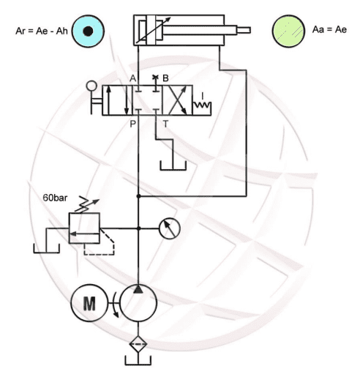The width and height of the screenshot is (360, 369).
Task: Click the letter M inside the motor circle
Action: point(89,303)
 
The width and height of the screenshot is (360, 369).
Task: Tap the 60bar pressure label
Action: point(55,198)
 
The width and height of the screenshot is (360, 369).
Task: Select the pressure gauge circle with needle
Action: point(170,228)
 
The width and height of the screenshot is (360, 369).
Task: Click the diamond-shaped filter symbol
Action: point(138,344)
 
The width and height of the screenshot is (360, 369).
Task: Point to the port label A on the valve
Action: point(132,78)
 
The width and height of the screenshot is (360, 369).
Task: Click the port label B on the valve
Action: point(165,78)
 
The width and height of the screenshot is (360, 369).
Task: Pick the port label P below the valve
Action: point(132,124)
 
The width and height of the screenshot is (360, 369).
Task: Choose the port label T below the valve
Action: point(165,124)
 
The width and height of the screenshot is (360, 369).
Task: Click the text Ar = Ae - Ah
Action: point(42,31)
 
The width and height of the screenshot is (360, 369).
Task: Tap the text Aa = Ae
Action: point(329,29)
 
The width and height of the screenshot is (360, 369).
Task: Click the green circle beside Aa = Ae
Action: point(288,31)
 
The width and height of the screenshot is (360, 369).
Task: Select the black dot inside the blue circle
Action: point(88,31)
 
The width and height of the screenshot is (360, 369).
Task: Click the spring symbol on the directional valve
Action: point(202,105)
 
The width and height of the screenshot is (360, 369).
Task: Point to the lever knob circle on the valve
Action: point(91,86)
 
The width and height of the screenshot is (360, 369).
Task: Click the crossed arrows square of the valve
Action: point(177,100)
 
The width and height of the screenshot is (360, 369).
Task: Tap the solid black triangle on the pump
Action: point(138,289)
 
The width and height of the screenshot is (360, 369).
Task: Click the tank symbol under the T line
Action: point(173,166)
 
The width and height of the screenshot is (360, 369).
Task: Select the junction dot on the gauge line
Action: point(138,228)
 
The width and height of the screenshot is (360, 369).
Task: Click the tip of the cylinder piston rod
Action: point(250,30)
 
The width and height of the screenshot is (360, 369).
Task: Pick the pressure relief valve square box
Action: point(84,228)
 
